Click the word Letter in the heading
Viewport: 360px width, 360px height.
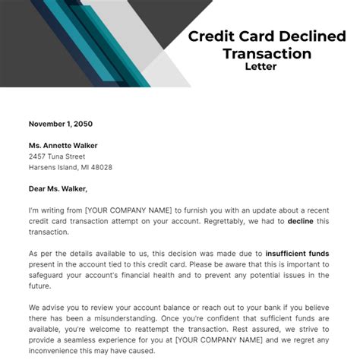[x=261, y=66]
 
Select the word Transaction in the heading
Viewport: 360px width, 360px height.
[x=267, y=53]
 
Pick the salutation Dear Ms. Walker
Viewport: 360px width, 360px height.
[x=58, y=189]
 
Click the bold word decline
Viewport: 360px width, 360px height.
[x=301, y=221]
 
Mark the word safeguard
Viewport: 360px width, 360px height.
[x=49, y=275]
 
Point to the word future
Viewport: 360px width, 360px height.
[x=41, y=286]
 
